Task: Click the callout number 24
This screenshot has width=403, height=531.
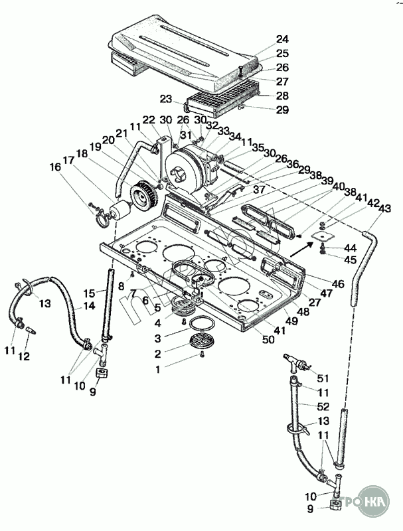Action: pyautogui.click(x=283, y=38)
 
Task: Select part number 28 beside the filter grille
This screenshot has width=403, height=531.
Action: pyautogui.click(x=283, y=96)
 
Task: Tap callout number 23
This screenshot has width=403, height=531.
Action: pyautogui.click(x=167, y=99)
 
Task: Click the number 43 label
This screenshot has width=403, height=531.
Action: pyautogui.click(x=386, y=208)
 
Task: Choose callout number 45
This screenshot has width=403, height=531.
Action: pyautogui.click(x=351, y=259)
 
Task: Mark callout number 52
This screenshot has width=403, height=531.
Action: pyautogui.click(x=323, y=406)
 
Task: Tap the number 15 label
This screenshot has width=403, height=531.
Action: pyautogui.click(x=89, y=293)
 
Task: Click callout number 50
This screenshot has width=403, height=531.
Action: pyautogui.click(x=269, y=341)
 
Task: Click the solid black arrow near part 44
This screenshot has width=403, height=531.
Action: pyautogui.click(x=300, y=248)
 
